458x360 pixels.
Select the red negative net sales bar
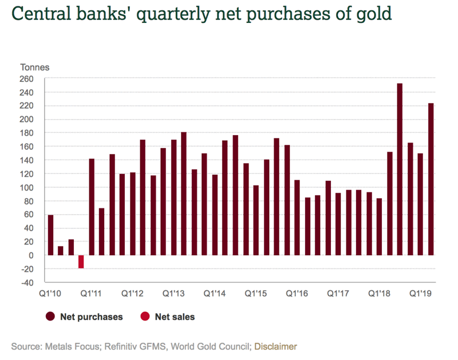tap(81, 262)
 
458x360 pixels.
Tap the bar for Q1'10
tap(50, 235)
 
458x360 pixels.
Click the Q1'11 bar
tap(92, 207)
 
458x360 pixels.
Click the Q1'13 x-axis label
tap(173, 294)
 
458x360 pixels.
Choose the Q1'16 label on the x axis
tap(297, 294)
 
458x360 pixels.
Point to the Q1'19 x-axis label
tap(420, 294)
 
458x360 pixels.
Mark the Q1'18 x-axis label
tap(379, 294)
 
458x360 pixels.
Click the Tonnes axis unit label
tap(35, 68)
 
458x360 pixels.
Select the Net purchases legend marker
tap(50, 317)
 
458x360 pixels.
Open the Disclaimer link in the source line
tap(275, 346)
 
